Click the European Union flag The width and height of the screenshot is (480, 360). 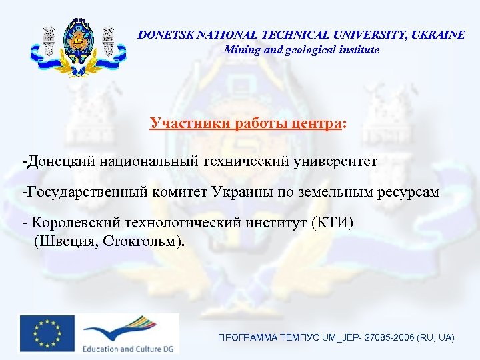click(x=47, y=333)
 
